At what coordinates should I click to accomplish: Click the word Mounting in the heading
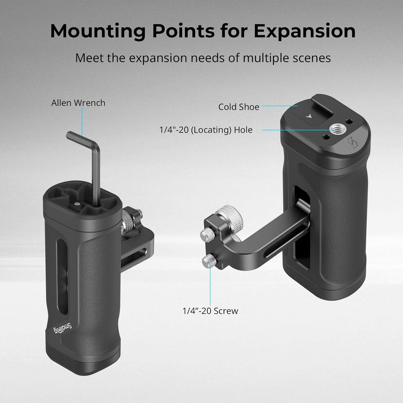click(98, 31)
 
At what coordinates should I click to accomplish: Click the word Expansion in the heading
click(305, 31)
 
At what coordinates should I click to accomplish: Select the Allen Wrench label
click(78, 103)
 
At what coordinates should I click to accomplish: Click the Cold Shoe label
click(239, 107)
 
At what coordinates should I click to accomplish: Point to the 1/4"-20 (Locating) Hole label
click(206, 130)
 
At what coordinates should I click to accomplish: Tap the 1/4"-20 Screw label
click(210, 311)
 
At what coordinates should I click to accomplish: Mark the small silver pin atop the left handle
click(77, 204)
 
